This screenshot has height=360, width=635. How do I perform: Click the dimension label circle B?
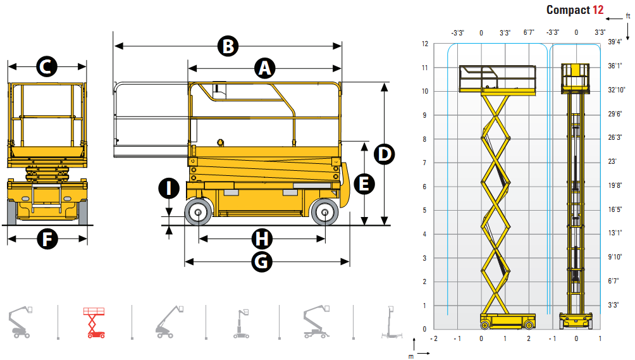point(228,46)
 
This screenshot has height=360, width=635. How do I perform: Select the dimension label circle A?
point(265,68)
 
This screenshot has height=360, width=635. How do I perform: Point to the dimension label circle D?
point(384,154)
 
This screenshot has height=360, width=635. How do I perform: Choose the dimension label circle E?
point(364,183)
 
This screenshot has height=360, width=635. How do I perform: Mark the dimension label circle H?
point(262,239)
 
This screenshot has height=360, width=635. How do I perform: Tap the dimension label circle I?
point(169,188)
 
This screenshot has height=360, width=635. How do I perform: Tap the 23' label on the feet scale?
point(612,162)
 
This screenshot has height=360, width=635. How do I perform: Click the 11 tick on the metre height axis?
point(426,67)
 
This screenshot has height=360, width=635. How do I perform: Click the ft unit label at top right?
point(627,16)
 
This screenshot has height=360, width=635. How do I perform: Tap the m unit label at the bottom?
point(410,356)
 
